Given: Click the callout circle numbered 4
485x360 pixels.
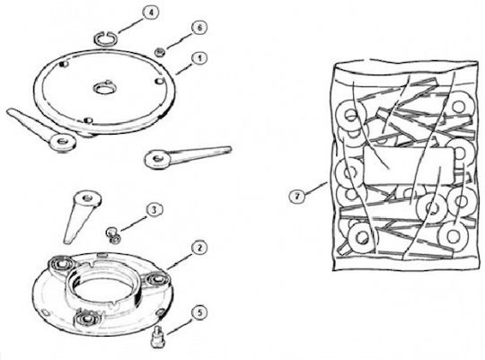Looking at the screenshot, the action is (x=151, y=13).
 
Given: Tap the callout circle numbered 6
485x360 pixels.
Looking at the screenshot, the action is (x=199, y=28).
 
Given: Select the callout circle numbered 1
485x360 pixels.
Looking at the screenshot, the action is (x=199, y=58).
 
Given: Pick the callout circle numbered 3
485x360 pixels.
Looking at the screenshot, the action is (x=154, y=210).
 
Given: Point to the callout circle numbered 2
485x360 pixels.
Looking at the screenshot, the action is (x=199, y=248).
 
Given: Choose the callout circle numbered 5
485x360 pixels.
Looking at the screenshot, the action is (x=199, y=312).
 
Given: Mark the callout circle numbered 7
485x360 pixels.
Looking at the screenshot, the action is (x=297, y=196).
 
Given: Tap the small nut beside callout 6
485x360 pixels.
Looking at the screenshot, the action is (x=160, y=52).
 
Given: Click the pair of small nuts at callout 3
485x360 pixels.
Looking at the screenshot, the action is (x=113, y=235).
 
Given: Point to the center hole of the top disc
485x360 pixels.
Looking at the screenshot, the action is (x=105, y=89).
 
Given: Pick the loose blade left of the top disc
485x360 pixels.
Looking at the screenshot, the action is (x=41, y=130).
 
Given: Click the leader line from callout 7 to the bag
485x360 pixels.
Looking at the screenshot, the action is (x=316, y=189).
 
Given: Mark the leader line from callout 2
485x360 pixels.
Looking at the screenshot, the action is (x=180, y=259).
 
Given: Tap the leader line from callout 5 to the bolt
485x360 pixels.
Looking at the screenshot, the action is (x=180, y=325).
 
